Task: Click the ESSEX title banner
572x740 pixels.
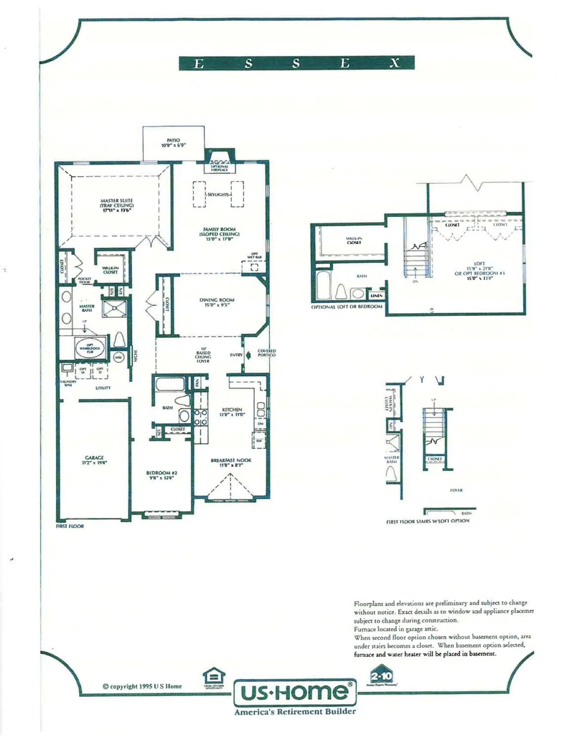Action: [296, 63]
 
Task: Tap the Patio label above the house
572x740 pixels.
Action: [173, 143]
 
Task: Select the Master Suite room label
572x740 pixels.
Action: [117, 205]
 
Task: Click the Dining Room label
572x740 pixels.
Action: [217, 302]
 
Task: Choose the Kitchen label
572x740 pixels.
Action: [232, 412]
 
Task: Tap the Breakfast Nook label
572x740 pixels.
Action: [231, 462]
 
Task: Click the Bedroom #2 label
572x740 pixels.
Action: [158, 475]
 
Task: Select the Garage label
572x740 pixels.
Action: [94, 460]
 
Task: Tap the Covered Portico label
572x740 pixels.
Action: [266, 353]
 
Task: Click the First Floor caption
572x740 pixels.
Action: [70, 526]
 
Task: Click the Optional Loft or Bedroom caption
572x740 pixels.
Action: [347, 307]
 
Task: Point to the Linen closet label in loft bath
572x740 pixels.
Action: [377, 295]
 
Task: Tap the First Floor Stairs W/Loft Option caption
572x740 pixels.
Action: [428, 521]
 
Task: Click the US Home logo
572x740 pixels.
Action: [295, 692]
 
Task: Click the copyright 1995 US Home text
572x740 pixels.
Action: [142, 686]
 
